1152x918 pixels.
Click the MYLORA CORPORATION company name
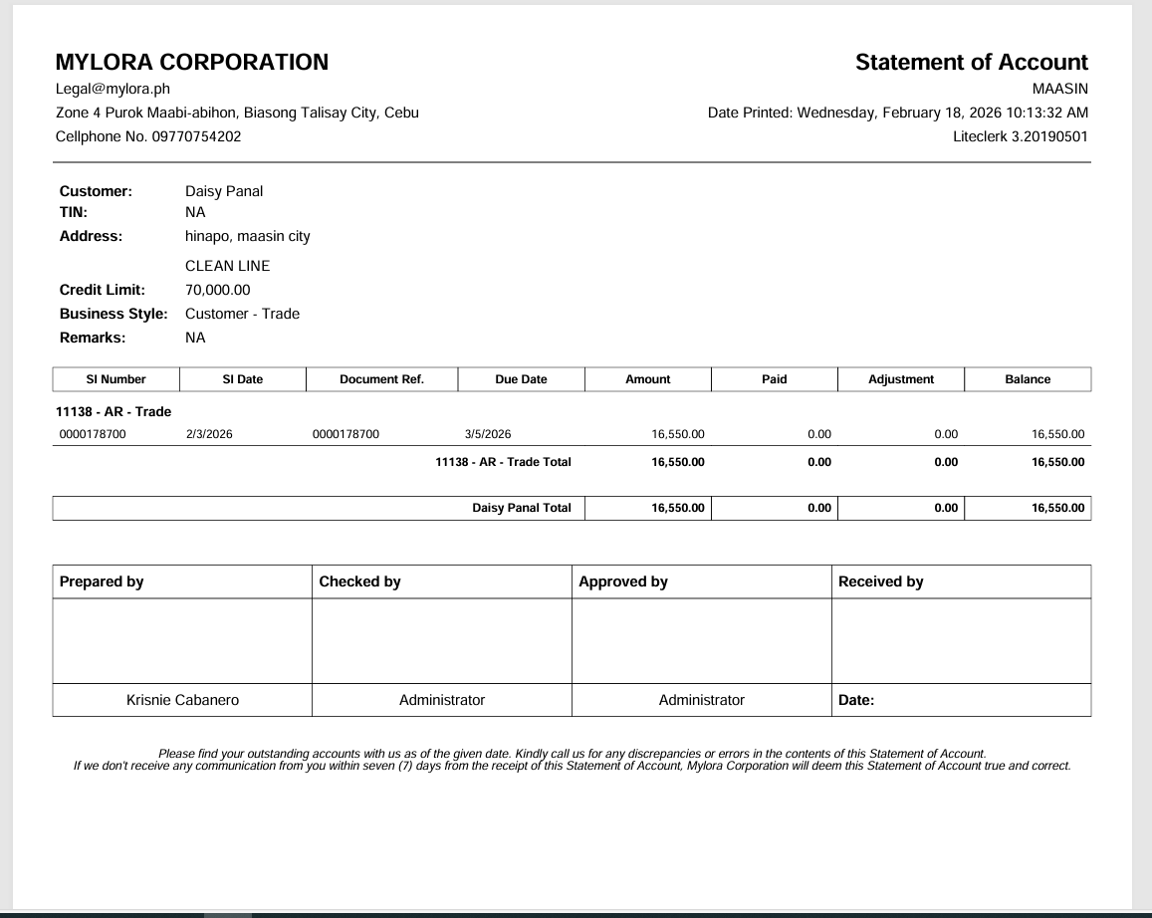click(x=192, y=62)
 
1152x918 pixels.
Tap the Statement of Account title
click(x=971, y=62)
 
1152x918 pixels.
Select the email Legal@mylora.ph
click(x=113, y=89)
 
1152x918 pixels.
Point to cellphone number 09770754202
click(x=196, y=136)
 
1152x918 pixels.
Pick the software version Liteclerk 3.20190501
click(x=1020, y=136)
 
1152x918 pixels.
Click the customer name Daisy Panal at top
click(x=224, y=191)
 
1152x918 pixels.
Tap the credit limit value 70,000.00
click(x=218, y=290)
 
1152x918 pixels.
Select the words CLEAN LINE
click(x=228, y=266)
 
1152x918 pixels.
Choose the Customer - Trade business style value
click(x=242, y=314)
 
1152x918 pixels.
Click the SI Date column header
click(x=243, y=379)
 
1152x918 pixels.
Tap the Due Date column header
click(x=521, y=379)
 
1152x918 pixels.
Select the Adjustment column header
click(x=901, y=379)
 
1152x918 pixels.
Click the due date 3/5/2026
click(x=488, y=434)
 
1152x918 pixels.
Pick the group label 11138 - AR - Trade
click(x=114, y=411)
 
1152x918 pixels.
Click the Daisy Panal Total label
click(x=521, y=508)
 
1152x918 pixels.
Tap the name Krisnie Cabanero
click(x=182, y=700)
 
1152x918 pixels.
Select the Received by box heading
click(x=880, y=581)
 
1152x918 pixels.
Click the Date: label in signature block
click(x=856, y=700)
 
